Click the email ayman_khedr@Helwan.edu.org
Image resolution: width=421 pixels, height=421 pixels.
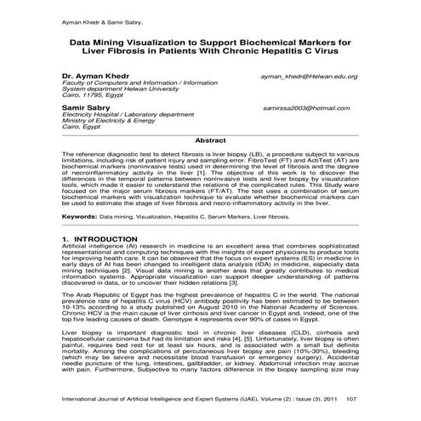309,77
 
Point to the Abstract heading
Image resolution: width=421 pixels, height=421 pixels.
210,139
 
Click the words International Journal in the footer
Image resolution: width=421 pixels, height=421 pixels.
89,398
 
